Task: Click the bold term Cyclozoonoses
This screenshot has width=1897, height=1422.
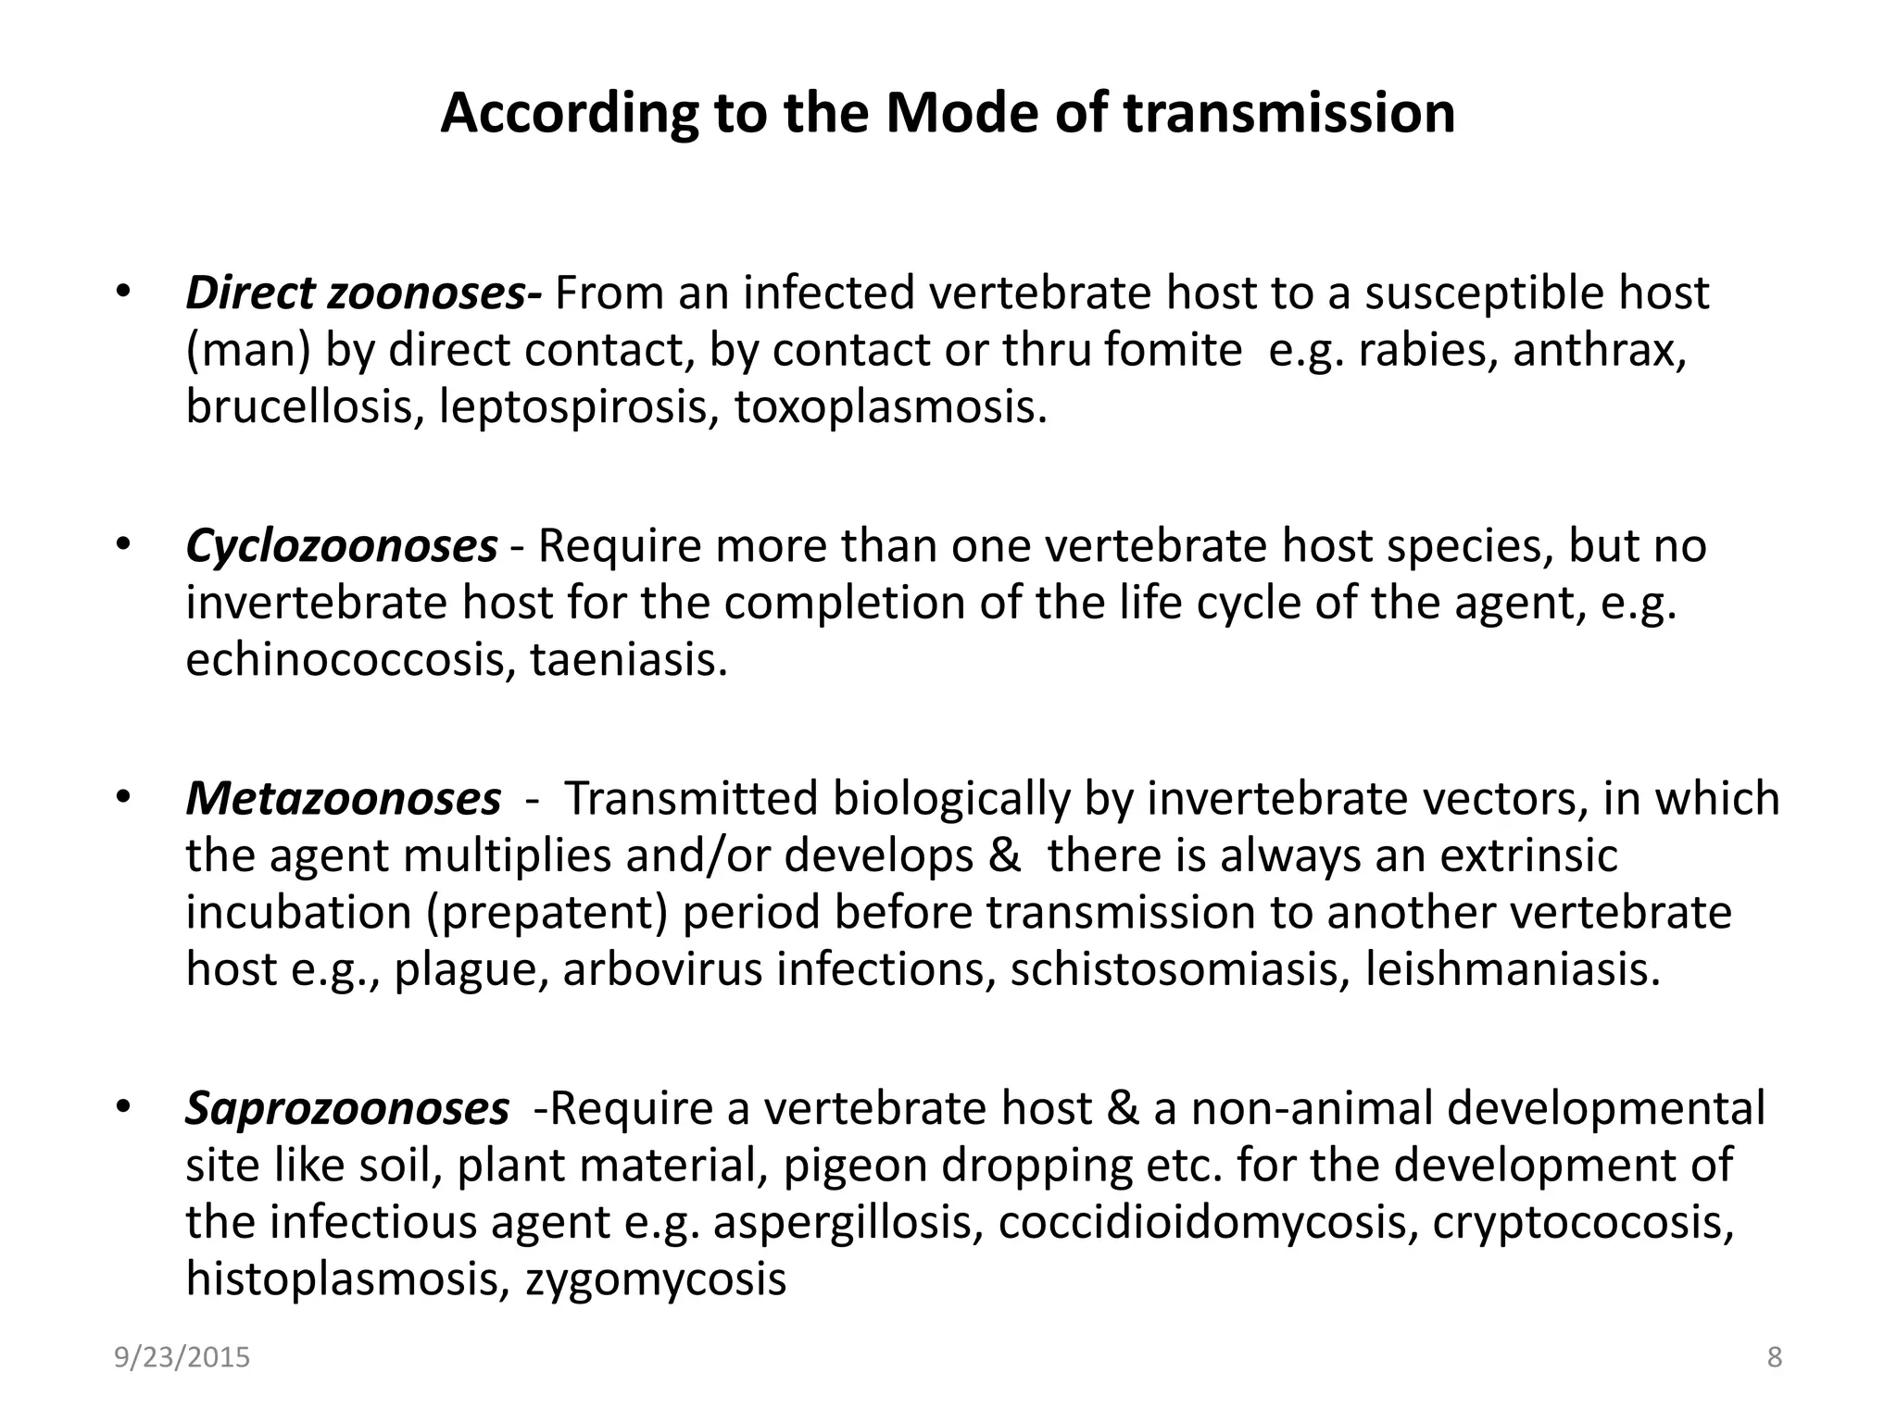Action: pos(341,545)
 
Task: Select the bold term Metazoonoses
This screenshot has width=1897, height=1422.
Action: pos(343,798)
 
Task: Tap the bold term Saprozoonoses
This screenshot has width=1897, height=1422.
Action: pos(346,1107)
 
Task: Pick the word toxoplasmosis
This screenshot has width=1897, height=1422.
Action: pos(889,406)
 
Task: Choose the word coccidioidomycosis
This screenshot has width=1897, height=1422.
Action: pos(1207,1222)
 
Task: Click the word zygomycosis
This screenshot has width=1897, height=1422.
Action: pos(656,1279)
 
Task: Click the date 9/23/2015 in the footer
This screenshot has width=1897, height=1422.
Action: pos(182,1357)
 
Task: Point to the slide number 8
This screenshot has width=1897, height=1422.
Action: pos(1774,1357)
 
